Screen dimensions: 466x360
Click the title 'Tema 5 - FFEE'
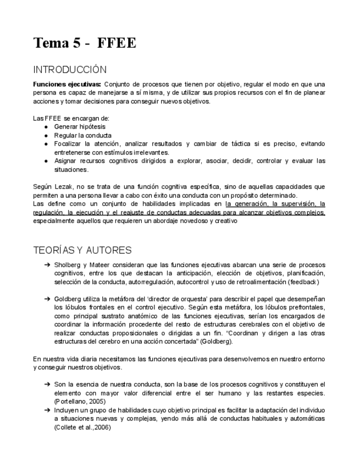pos(85,43)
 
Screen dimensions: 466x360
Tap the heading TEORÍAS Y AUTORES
pos(82,250)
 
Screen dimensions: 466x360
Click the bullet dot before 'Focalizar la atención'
pos(45,144)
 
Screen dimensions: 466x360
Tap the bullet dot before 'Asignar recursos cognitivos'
pos(45,161)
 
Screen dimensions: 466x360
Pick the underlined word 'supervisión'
pos(297,204)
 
